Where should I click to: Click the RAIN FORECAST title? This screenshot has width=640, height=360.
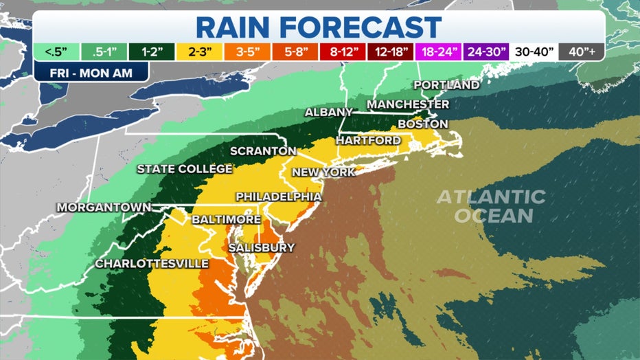[x=319, y=27]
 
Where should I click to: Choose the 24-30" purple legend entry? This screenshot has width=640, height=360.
[x=485, y=52]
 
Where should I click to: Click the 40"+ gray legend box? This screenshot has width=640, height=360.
[x=581, y=52]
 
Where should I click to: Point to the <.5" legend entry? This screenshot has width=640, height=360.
[x=52, y=52]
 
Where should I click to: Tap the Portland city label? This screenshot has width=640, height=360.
[x=446, y=85]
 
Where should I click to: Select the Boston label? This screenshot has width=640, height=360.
[x=422, y=124]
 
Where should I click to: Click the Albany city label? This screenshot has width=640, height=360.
[x=328, y=112]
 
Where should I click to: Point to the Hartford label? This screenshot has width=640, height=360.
[x=368, y=140]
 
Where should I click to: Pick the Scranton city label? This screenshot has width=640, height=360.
[x=263, y=151]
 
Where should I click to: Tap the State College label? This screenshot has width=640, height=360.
[x=185, y=169]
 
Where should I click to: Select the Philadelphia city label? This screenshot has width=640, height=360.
[x=279, y=197]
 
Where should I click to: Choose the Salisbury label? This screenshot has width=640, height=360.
[x=262, y=247]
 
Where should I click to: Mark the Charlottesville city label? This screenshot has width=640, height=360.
[x=152, y=264]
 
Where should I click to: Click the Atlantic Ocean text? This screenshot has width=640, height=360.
[x=491, y=206]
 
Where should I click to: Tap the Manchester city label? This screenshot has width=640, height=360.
[x=408, y=104]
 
